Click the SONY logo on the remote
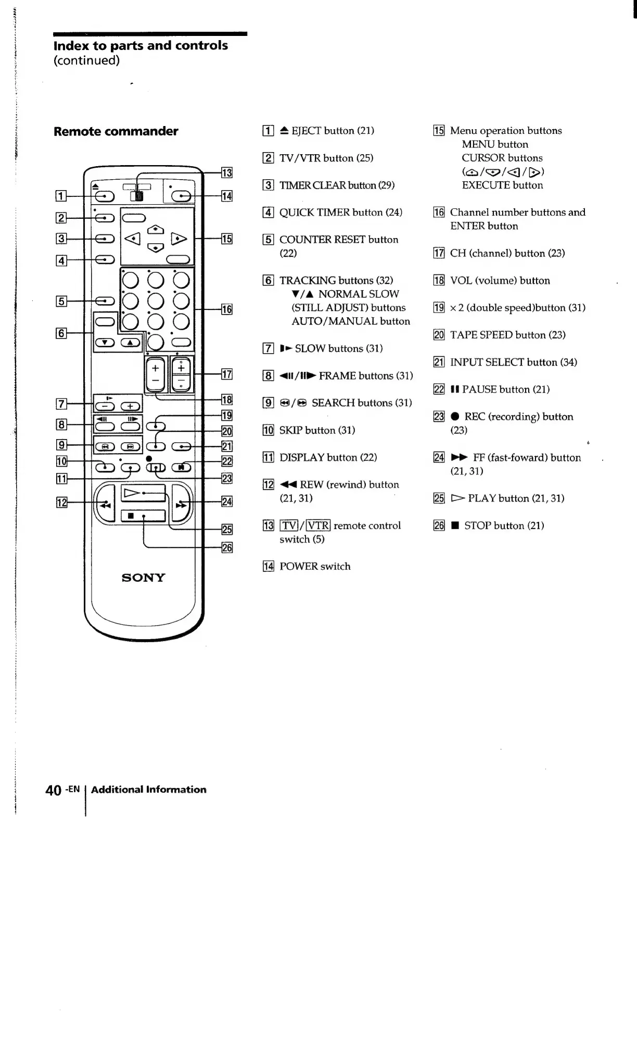pos(143,578)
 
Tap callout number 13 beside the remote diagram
pos(227,173)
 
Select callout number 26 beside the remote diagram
pos(227,547)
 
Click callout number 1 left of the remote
pos(61,196)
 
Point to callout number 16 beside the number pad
pos(227,309)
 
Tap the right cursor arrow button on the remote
pos(179,239)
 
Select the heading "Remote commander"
pos(116,131)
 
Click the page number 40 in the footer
pos(54,790)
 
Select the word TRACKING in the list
pos(308,280)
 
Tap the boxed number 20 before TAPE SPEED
pos(439,335)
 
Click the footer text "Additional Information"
pos(148,790)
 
